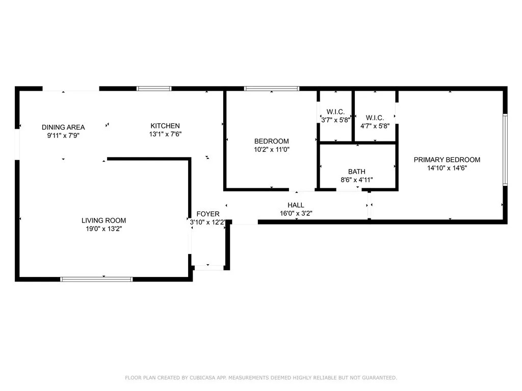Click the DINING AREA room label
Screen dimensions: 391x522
pyautogui.click(x=63, y=127)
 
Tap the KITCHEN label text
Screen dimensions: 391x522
pyautogui.click(x=165, y=126)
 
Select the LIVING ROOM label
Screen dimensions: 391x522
pyautogui.click(x=103, y=220)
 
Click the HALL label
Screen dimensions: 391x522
pyautogui.click(x=296, y=206)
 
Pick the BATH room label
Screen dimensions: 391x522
pyautogui.click(x=357, y=172)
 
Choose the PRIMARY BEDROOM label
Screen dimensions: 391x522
pyautogui.click(x=447, y=159)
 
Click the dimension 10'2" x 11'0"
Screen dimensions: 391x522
pyautogui.click(x=272, y=150)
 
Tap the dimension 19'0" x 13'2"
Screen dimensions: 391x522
pyautogui.click(x=103, y=229)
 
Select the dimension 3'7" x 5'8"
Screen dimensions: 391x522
pyautogui.click(x=335, y=120)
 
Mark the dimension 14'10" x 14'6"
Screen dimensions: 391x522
pyautogui.click(x=447, y=168)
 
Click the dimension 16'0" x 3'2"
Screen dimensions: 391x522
pyautogui.click(x=296, y=214)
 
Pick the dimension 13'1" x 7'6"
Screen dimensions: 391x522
pyautogui.click(x=165, y=134)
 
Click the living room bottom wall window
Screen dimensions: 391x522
pyautogui.click(x=96, y=279)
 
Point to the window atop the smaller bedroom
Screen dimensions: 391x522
pyautogui.click(x=271, y=89)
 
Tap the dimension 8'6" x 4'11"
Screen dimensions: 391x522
pyautogui.click(x=357, y=180)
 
